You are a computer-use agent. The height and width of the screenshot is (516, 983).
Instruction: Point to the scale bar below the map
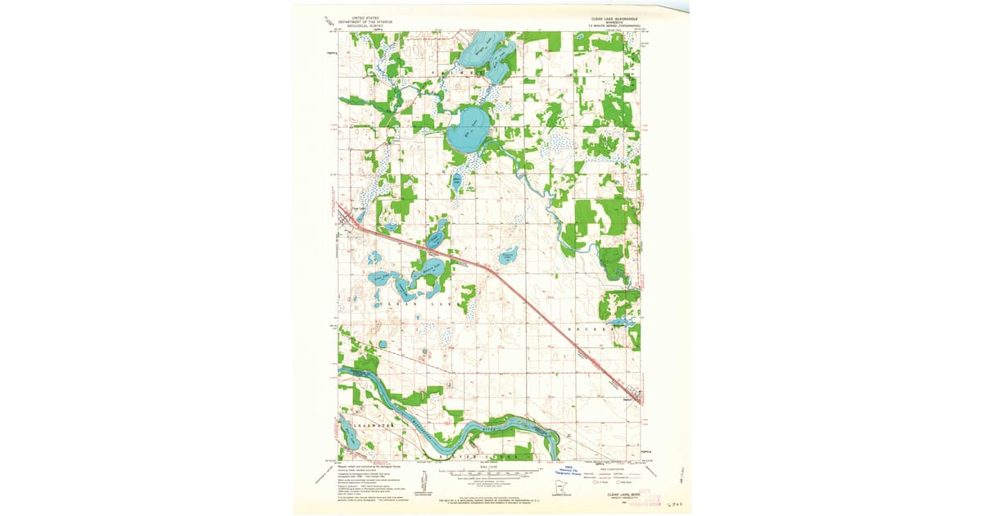pos(490,473)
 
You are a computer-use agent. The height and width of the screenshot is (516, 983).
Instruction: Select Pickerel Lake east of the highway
pos(509,256)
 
